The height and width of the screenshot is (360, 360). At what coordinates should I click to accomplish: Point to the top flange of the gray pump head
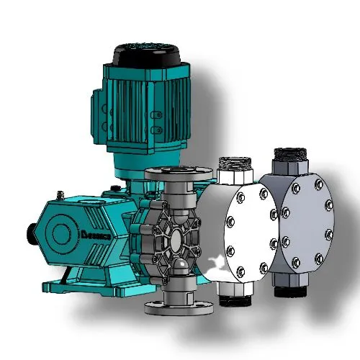178,174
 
